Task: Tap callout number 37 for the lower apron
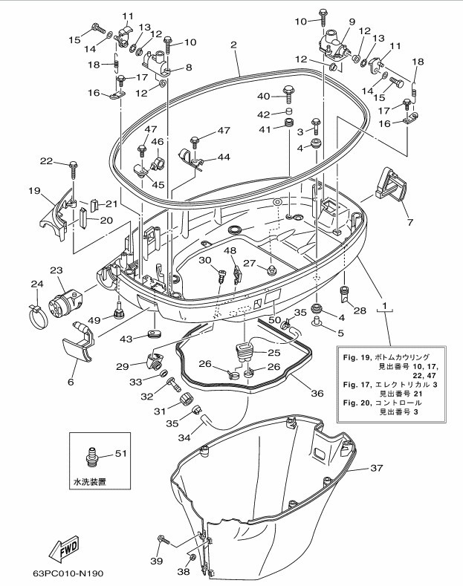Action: pyautogui.click(x=377, y=468)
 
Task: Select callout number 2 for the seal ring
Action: pyautogui.click(x=233, y=45)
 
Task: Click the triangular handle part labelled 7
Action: pyautogui.click(x=390, y=183)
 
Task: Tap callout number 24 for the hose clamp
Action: pyautogui.click(x=37, y=283)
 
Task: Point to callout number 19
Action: pyautogui.click(x=34, y=191)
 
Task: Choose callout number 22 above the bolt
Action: pyautogui.click(x=46, y=161)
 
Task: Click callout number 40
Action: pyautogui.click(x=265, y=97)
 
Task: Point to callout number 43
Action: pyautogui.click(x=126, y=339)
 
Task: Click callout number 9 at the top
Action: pyautogui.click(x=352, y=22)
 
